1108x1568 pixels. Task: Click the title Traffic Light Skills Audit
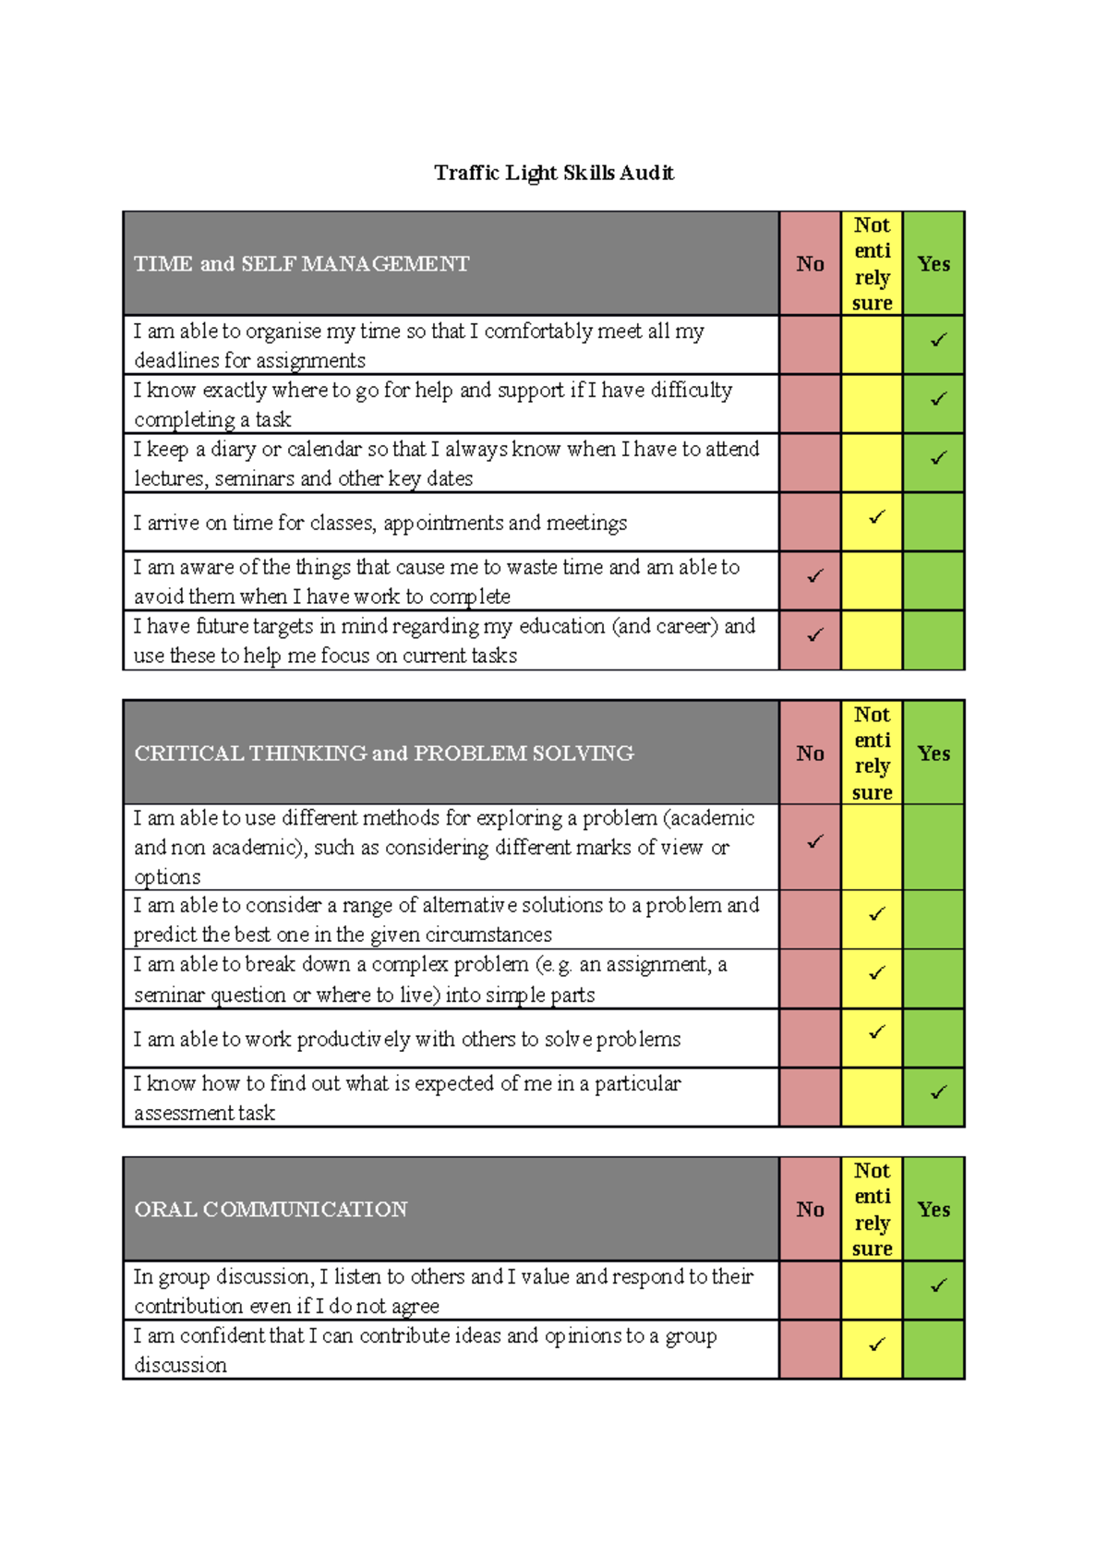point(554,173)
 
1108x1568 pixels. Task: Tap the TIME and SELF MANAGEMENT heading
point(302,264)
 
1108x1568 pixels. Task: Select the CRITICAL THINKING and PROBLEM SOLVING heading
point(384,754)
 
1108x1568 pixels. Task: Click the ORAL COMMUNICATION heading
point(271,1210)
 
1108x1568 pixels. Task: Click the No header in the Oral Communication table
point(810,1210)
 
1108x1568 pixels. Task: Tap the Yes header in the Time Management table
point(933,264)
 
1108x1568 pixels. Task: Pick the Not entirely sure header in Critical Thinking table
point(872,753)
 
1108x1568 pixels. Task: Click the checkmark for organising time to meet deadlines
point(938,341)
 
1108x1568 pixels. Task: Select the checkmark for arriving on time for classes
point(876,517)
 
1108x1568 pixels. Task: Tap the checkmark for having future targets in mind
point(814,635)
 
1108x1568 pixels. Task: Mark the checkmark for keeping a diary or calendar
point(938,458)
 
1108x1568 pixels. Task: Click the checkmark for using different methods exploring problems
point(814,842)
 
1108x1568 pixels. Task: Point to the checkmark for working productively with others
point(876,1032)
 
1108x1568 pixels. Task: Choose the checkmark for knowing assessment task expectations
point(938,1093)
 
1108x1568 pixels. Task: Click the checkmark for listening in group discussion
point(938,1285)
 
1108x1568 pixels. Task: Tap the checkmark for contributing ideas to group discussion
point(876,1345)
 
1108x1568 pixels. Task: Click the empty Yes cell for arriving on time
point(933,522)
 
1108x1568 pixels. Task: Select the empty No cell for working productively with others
point(810,1038)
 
